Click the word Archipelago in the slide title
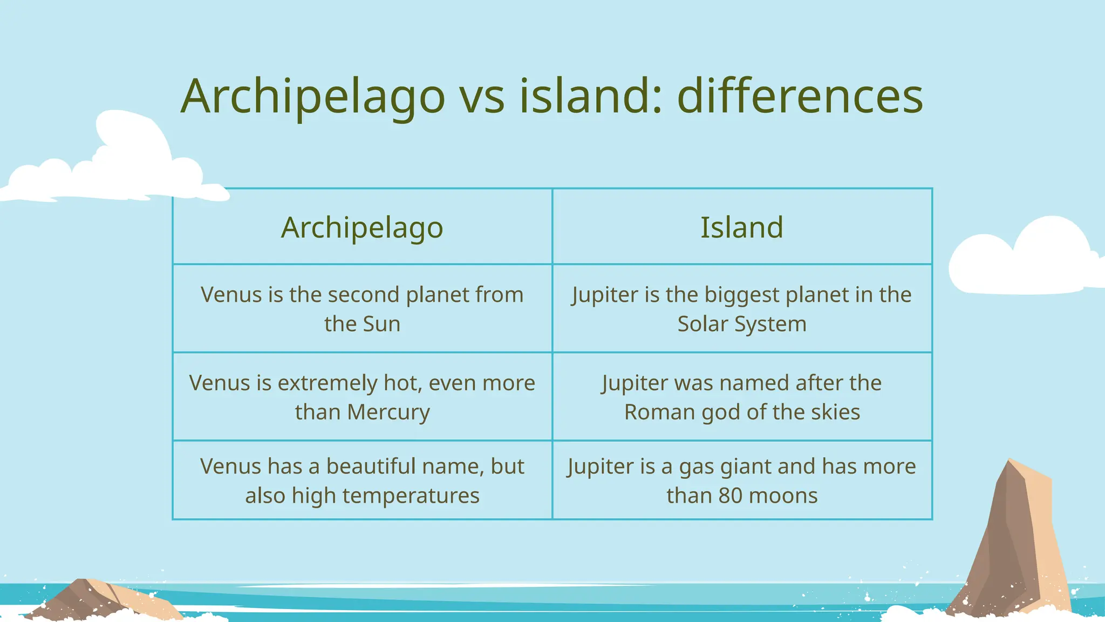click(x=313, y=97)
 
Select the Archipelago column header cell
click(x=362, y=227)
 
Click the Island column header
click(x=742, y=227)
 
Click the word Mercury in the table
click(x=388, y=412)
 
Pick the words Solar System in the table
click(x=742, y=324)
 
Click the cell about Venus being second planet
click(x=362, y=309)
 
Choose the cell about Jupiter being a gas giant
click(x=742, y=481)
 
